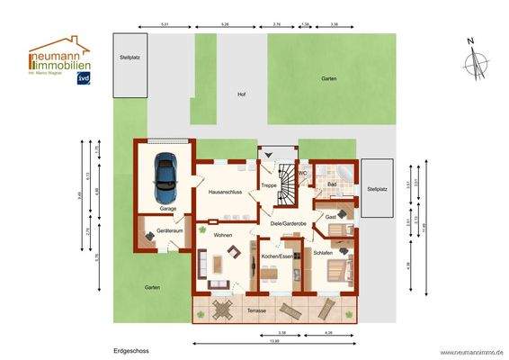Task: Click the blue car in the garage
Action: tap(166, 177)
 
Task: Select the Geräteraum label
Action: tap(170, 231)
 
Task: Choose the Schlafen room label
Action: tap(323, 253)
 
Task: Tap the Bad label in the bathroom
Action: tap(332, 184)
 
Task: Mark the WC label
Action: tap(303, 172)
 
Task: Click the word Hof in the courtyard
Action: tap(241, 94)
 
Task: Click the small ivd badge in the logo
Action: tap(84, 77)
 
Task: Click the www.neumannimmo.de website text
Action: tap(471, 352)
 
